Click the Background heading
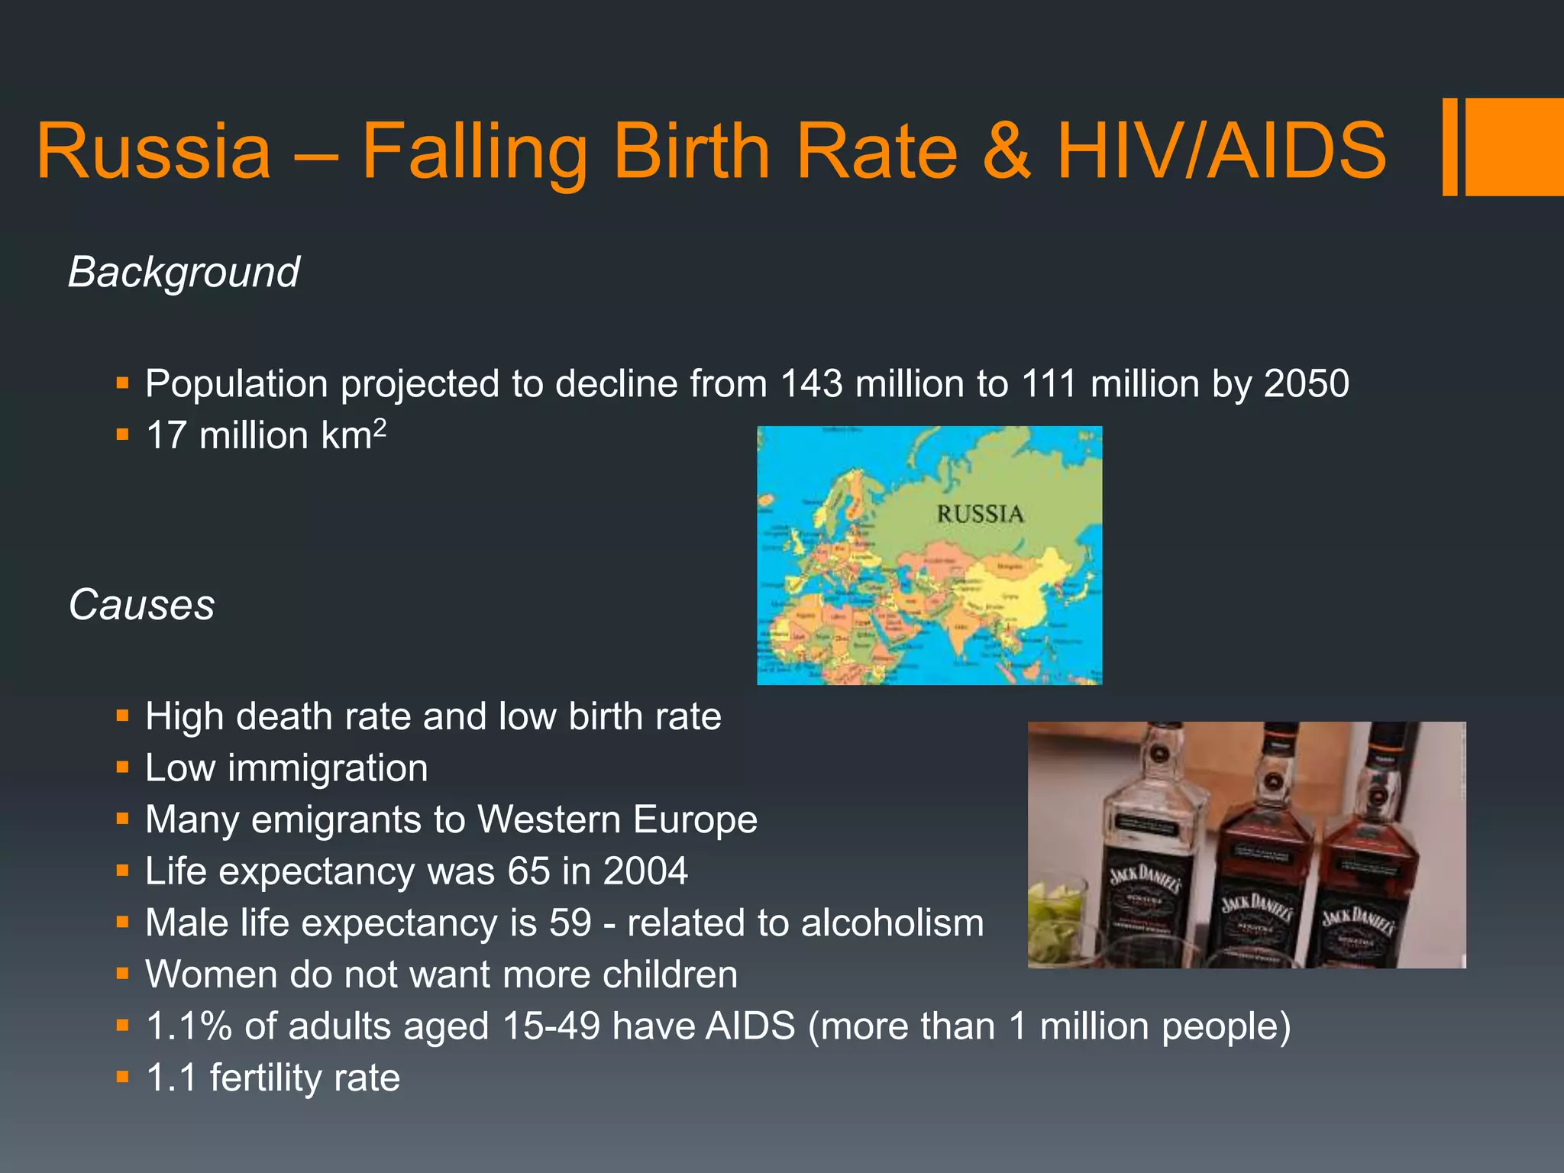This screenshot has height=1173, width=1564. click(183, 272)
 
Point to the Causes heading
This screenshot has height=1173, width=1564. click(141, 605)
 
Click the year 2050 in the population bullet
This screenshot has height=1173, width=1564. click(1306, 383)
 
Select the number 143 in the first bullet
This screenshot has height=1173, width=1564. click(811, 383)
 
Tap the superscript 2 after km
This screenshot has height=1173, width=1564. click(380, 426)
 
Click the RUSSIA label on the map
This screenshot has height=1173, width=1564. click(980, 514)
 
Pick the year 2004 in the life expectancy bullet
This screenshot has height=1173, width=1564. click(645, 871)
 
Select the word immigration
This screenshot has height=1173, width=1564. click(328, 768)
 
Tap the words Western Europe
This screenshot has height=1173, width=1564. click(617, 819)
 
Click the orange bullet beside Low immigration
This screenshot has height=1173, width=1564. click(122, 767)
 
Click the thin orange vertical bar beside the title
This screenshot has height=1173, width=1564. click(1449, 147)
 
